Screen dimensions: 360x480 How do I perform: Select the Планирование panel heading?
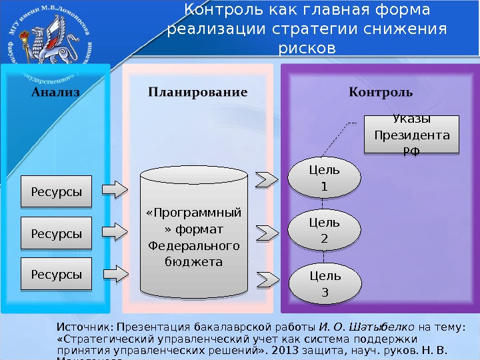click(x=197, y=91)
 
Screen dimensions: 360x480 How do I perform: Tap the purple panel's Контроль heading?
click(x=381, y=91)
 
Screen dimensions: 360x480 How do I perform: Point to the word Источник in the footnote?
click(x=85, y=327)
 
